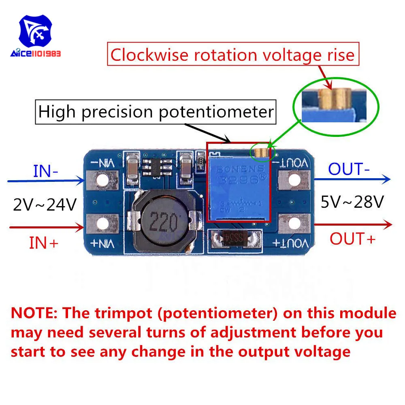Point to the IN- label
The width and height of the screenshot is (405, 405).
click(x=45, y=171)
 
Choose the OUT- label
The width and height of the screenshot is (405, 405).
click(x=349, y=169)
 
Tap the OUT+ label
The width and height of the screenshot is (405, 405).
click(x=352, y=239)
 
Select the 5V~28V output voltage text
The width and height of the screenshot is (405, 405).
click(x=352, y=201)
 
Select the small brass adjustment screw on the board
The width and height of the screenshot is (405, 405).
click(x=262, y=152)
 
